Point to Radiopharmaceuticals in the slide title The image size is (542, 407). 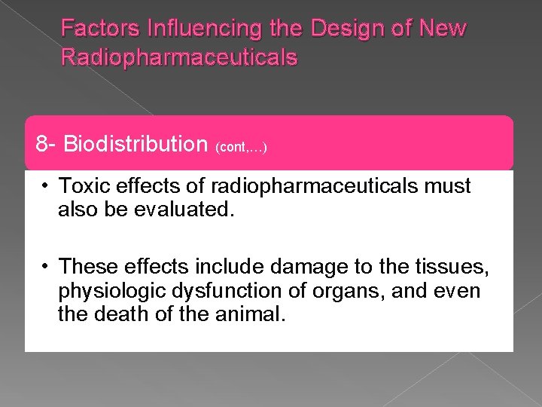[179, 57]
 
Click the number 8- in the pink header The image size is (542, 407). [47, 143]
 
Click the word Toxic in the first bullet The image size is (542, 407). [83, 185]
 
